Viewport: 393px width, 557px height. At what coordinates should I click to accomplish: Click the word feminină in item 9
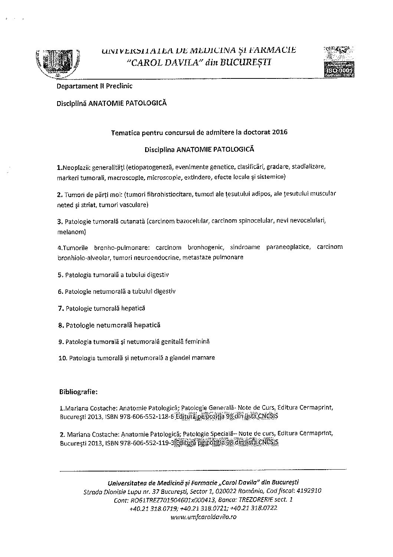[x=197, y=341]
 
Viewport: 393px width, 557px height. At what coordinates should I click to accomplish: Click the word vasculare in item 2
[x=134, y=205]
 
